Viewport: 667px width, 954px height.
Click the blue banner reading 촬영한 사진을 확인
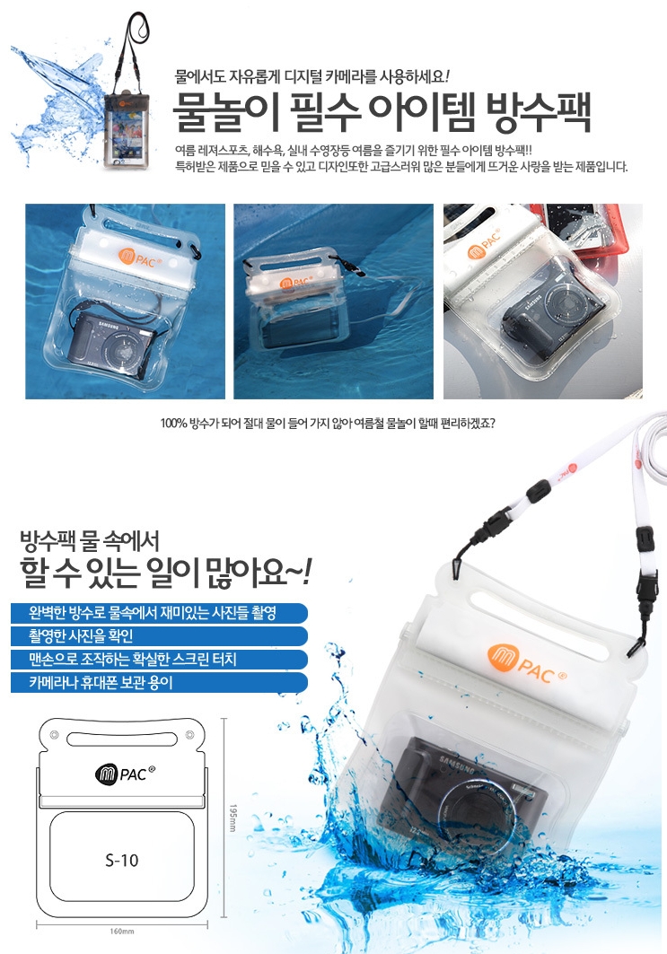click(159, 635)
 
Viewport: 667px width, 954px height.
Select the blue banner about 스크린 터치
click(159, 659)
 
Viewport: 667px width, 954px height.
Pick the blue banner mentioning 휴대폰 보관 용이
click(159, 682)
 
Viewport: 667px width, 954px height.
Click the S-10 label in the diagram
click(122, 860)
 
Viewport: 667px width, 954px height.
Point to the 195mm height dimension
click(233, 818)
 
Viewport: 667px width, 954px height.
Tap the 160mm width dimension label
click(122, 931)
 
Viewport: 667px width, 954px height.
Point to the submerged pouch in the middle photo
click(298, 302)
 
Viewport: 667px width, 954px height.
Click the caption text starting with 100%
click(328, 424)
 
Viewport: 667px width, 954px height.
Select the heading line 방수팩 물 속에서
click(90, 540)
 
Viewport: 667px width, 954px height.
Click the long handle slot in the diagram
click(122, 740)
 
